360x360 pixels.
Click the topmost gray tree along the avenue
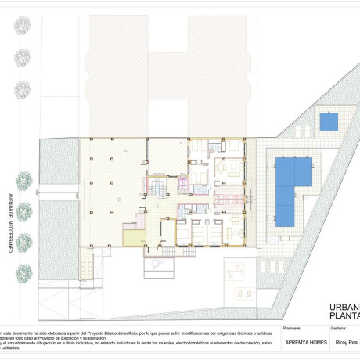(21, 27)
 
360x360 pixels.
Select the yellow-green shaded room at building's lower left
(133, 238)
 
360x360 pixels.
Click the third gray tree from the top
(21, 88)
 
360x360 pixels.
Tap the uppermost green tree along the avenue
(23, 180)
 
